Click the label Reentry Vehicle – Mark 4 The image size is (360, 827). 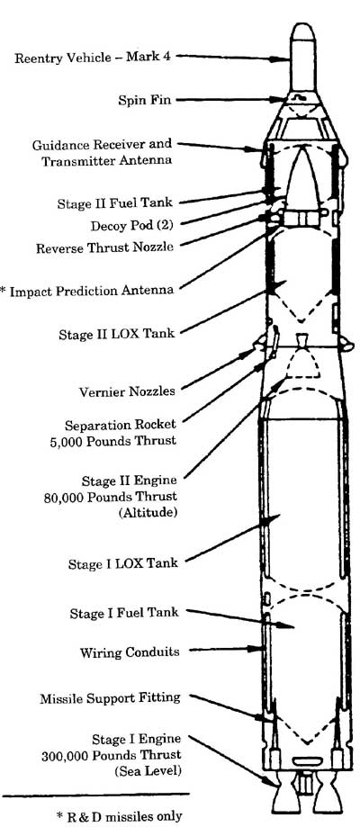[x=93, y=58]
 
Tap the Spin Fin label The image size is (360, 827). [x=145, y=100]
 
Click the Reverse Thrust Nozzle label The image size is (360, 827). [x=104, y=247]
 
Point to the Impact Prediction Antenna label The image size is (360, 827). [x=87, y=291]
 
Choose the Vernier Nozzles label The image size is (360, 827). [x=127, y=391]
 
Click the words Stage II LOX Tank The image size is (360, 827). [x=117, y=334]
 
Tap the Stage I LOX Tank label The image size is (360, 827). [x=123, y=563]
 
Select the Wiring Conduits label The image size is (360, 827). [x=130, y=652]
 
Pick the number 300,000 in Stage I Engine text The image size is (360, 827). [x=67, y=755]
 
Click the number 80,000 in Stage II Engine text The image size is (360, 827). [x=66, y=497]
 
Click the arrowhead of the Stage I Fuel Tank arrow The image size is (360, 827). [x=288, y=626]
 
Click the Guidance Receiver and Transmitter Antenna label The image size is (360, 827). [x=103, y=152]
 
